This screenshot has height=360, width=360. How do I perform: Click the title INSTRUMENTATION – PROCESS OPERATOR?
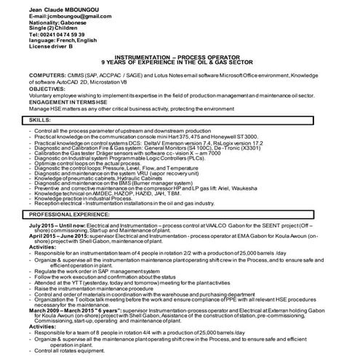pyautogui.click(x=180, y=57)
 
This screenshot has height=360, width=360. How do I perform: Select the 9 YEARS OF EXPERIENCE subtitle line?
pyautogui.click(x=180, y=63)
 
